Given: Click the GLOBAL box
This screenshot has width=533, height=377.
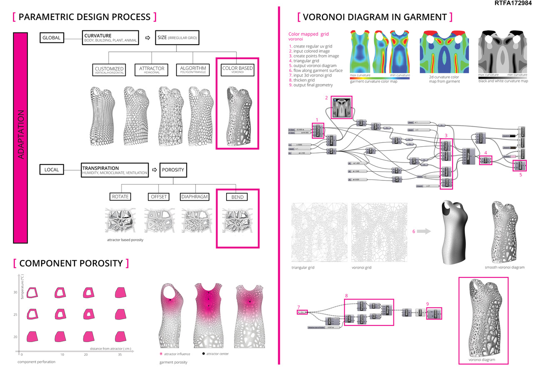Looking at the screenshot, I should tap(52, 38).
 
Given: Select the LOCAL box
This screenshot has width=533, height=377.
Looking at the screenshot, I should tap(52, 170).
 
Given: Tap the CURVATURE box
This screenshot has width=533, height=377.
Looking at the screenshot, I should tap(110, 37).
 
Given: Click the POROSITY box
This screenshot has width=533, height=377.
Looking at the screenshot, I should tap(173, 170).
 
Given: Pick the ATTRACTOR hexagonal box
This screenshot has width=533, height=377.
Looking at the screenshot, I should tap(152, 70).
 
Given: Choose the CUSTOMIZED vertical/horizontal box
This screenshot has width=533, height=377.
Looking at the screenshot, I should tap(110, 70).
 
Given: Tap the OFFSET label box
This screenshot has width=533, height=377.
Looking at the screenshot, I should tap(157, 196).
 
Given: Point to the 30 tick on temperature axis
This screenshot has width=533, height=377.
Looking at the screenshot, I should tap(15, 292).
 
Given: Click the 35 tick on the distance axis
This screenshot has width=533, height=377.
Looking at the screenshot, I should tap(120, 354).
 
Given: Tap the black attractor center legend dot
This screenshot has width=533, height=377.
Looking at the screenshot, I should tap(203, 354).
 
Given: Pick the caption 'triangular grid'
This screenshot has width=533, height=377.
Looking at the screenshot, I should tap(303, 267).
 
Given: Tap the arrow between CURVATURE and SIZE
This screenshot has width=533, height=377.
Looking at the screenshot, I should tap(147, 37).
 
